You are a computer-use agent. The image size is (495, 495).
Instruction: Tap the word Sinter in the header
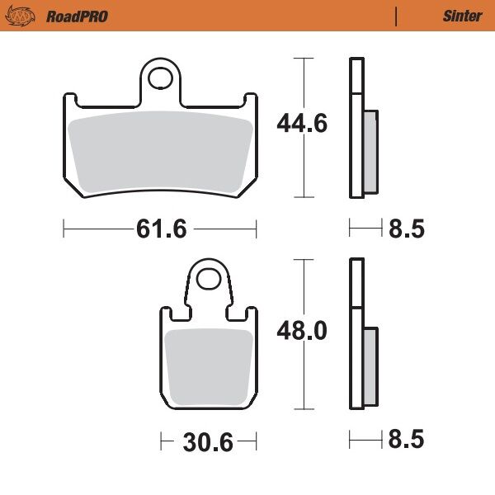[462, 16]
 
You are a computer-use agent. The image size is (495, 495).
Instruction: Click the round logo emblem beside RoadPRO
[26, 16]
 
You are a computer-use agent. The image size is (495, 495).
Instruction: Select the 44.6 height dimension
[302, 125]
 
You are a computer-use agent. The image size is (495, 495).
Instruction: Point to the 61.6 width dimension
[161, 229]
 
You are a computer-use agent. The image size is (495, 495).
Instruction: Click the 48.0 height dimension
[302, 332]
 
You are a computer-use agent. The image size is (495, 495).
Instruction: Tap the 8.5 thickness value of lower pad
[406, 441]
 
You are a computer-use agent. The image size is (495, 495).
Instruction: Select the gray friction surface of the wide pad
[160, 153]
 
